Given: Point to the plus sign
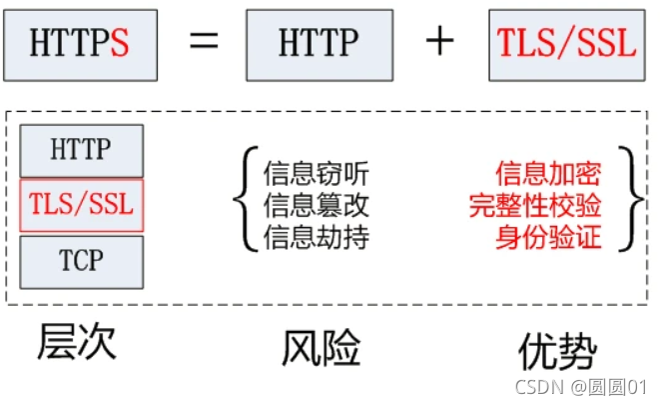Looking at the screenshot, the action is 439,43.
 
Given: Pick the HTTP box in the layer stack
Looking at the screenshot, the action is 82,150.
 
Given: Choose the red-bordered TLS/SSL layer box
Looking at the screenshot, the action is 82,206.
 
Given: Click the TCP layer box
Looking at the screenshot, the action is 82,262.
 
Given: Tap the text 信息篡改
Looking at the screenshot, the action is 317,207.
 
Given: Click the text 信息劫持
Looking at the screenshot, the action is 317,239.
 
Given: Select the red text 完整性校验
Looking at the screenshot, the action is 535,207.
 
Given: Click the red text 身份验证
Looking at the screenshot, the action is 548,239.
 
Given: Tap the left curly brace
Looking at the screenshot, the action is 242,206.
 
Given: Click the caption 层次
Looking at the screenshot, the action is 77,342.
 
